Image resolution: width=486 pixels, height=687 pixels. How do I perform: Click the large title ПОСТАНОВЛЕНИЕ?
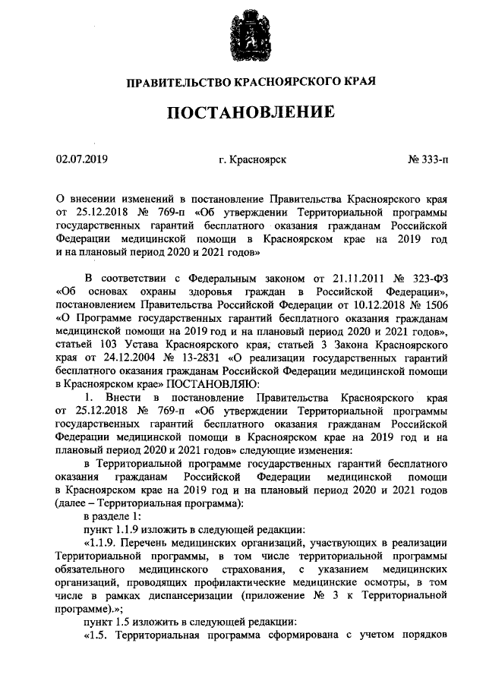(251, 112)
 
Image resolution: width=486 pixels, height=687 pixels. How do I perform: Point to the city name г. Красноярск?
(251, 160)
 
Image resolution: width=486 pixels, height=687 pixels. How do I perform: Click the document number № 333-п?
(428, 160)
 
